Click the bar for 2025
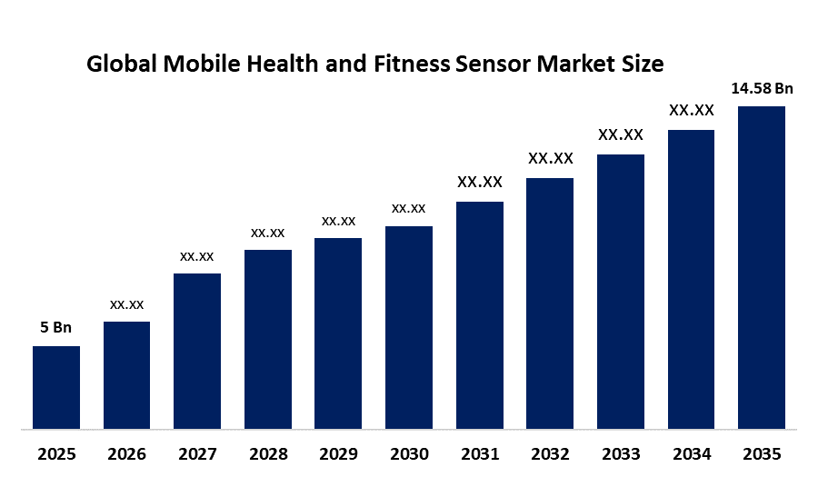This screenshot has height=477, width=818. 56,387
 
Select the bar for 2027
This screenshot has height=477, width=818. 197,352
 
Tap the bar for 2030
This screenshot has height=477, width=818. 409,327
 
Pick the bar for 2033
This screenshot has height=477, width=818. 621,292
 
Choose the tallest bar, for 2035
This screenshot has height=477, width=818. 762,267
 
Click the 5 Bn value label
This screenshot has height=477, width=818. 55,327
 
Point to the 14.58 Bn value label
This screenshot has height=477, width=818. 763,89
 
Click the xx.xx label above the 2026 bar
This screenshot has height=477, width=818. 126,304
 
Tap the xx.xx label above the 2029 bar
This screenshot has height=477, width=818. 339,221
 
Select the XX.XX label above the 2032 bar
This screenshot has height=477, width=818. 551,158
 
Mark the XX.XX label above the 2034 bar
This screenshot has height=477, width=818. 692,110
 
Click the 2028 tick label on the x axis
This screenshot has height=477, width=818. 268,454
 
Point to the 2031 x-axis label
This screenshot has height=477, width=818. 480,454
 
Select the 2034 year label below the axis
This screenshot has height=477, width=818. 692,454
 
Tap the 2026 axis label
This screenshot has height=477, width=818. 126,454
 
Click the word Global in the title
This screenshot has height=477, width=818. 122,65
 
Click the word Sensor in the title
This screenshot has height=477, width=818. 493,65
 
